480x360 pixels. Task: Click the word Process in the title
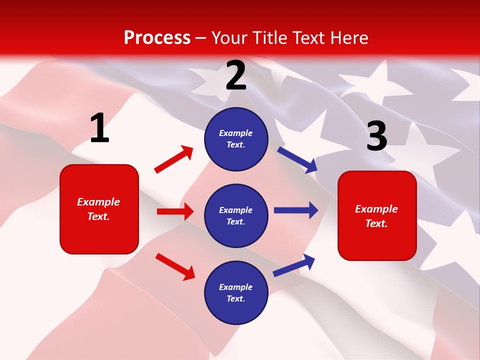tap(157, 37)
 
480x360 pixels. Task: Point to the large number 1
tap(99, 128)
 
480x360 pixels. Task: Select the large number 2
tap(236, 76)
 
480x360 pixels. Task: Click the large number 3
tap(376, 136)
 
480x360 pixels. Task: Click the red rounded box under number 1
tap(99, 209)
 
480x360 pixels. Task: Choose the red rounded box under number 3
tap(377, 215)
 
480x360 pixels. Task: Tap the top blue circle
tap(236, 139)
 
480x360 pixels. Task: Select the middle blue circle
tap(236, 215)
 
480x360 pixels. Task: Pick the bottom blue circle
tap(236, 292)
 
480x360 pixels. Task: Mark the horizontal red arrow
tap(175, 211)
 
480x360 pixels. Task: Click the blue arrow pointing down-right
tap(297, 159)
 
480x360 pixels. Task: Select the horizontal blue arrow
tap(296, 210)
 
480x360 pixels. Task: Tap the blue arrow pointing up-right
tap(294, 265)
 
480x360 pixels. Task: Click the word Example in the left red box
tap(98, 202)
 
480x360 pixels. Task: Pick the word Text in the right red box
tap(376, 223)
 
